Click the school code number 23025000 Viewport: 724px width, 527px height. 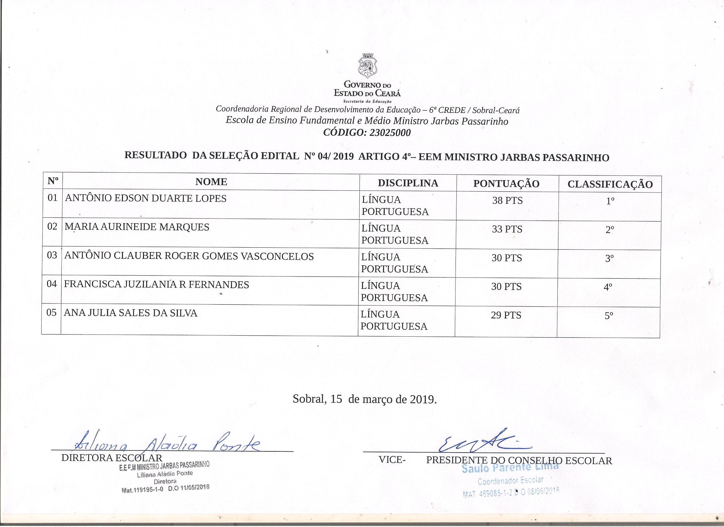[390, 133]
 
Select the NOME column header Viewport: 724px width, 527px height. [211, 182]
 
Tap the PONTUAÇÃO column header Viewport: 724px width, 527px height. [506, 184]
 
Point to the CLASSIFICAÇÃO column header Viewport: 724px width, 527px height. [610, 184]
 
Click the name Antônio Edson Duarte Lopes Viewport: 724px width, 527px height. [146, 198]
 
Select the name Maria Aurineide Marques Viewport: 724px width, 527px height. [137, 227]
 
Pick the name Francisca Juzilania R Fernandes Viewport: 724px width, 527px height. [156, 285]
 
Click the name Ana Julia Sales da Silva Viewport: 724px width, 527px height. [131, 313]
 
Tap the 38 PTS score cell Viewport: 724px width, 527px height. [507, 201]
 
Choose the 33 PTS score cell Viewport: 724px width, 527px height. [507, 229]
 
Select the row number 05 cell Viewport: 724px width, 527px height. [51, 312]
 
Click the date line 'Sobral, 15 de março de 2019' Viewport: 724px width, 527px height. [364, 399]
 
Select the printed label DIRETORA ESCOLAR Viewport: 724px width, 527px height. [112, 458]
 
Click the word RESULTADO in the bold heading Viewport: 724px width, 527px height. [155, 156]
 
